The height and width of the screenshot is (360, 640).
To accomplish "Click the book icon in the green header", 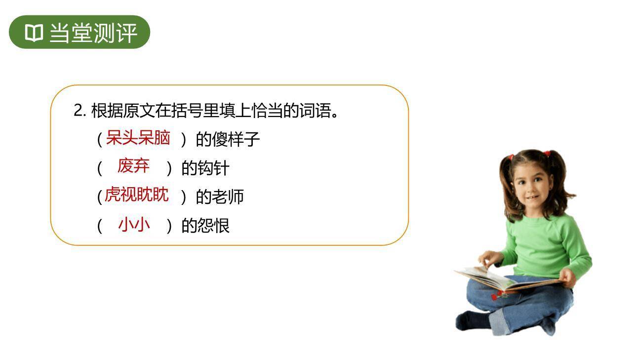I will click(34, 33).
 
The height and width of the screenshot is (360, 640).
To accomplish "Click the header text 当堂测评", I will click(92, 33).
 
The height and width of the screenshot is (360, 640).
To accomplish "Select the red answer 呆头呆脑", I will click(138, 138).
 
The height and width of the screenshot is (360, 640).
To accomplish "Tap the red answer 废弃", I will click(133, 166).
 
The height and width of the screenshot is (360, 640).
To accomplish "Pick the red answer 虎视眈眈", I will click(137, 195).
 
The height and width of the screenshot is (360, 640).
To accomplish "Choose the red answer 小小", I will click(134, 225).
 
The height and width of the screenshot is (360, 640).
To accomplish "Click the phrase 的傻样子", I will click(228, 140).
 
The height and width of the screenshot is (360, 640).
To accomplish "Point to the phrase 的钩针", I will click(205, 168).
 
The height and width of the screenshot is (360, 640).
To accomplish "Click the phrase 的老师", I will click(220, 197).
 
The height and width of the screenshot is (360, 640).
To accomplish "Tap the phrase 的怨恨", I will click(205, 226).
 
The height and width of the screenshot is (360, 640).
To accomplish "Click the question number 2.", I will click(78, 111).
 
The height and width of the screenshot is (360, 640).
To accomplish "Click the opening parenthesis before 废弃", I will click(99, 168).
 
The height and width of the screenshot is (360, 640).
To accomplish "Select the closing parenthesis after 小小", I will click(169, 226).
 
